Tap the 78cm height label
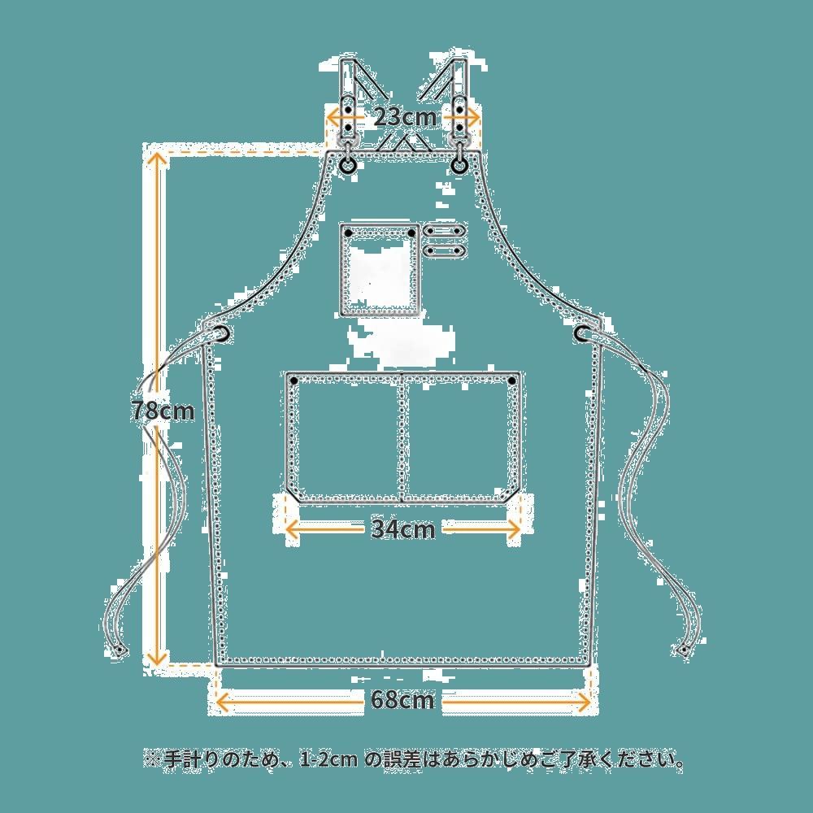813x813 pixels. coord(163,411)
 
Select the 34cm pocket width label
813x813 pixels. coord(403,529)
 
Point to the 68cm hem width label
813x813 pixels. coord(402,698)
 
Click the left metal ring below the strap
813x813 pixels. coord(348,165)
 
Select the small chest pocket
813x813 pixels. coord(380,271)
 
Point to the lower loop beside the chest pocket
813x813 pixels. coord(444,250)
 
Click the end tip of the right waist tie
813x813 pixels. coord(684,650)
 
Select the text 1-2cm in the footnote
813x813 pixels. coord(328,761)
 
